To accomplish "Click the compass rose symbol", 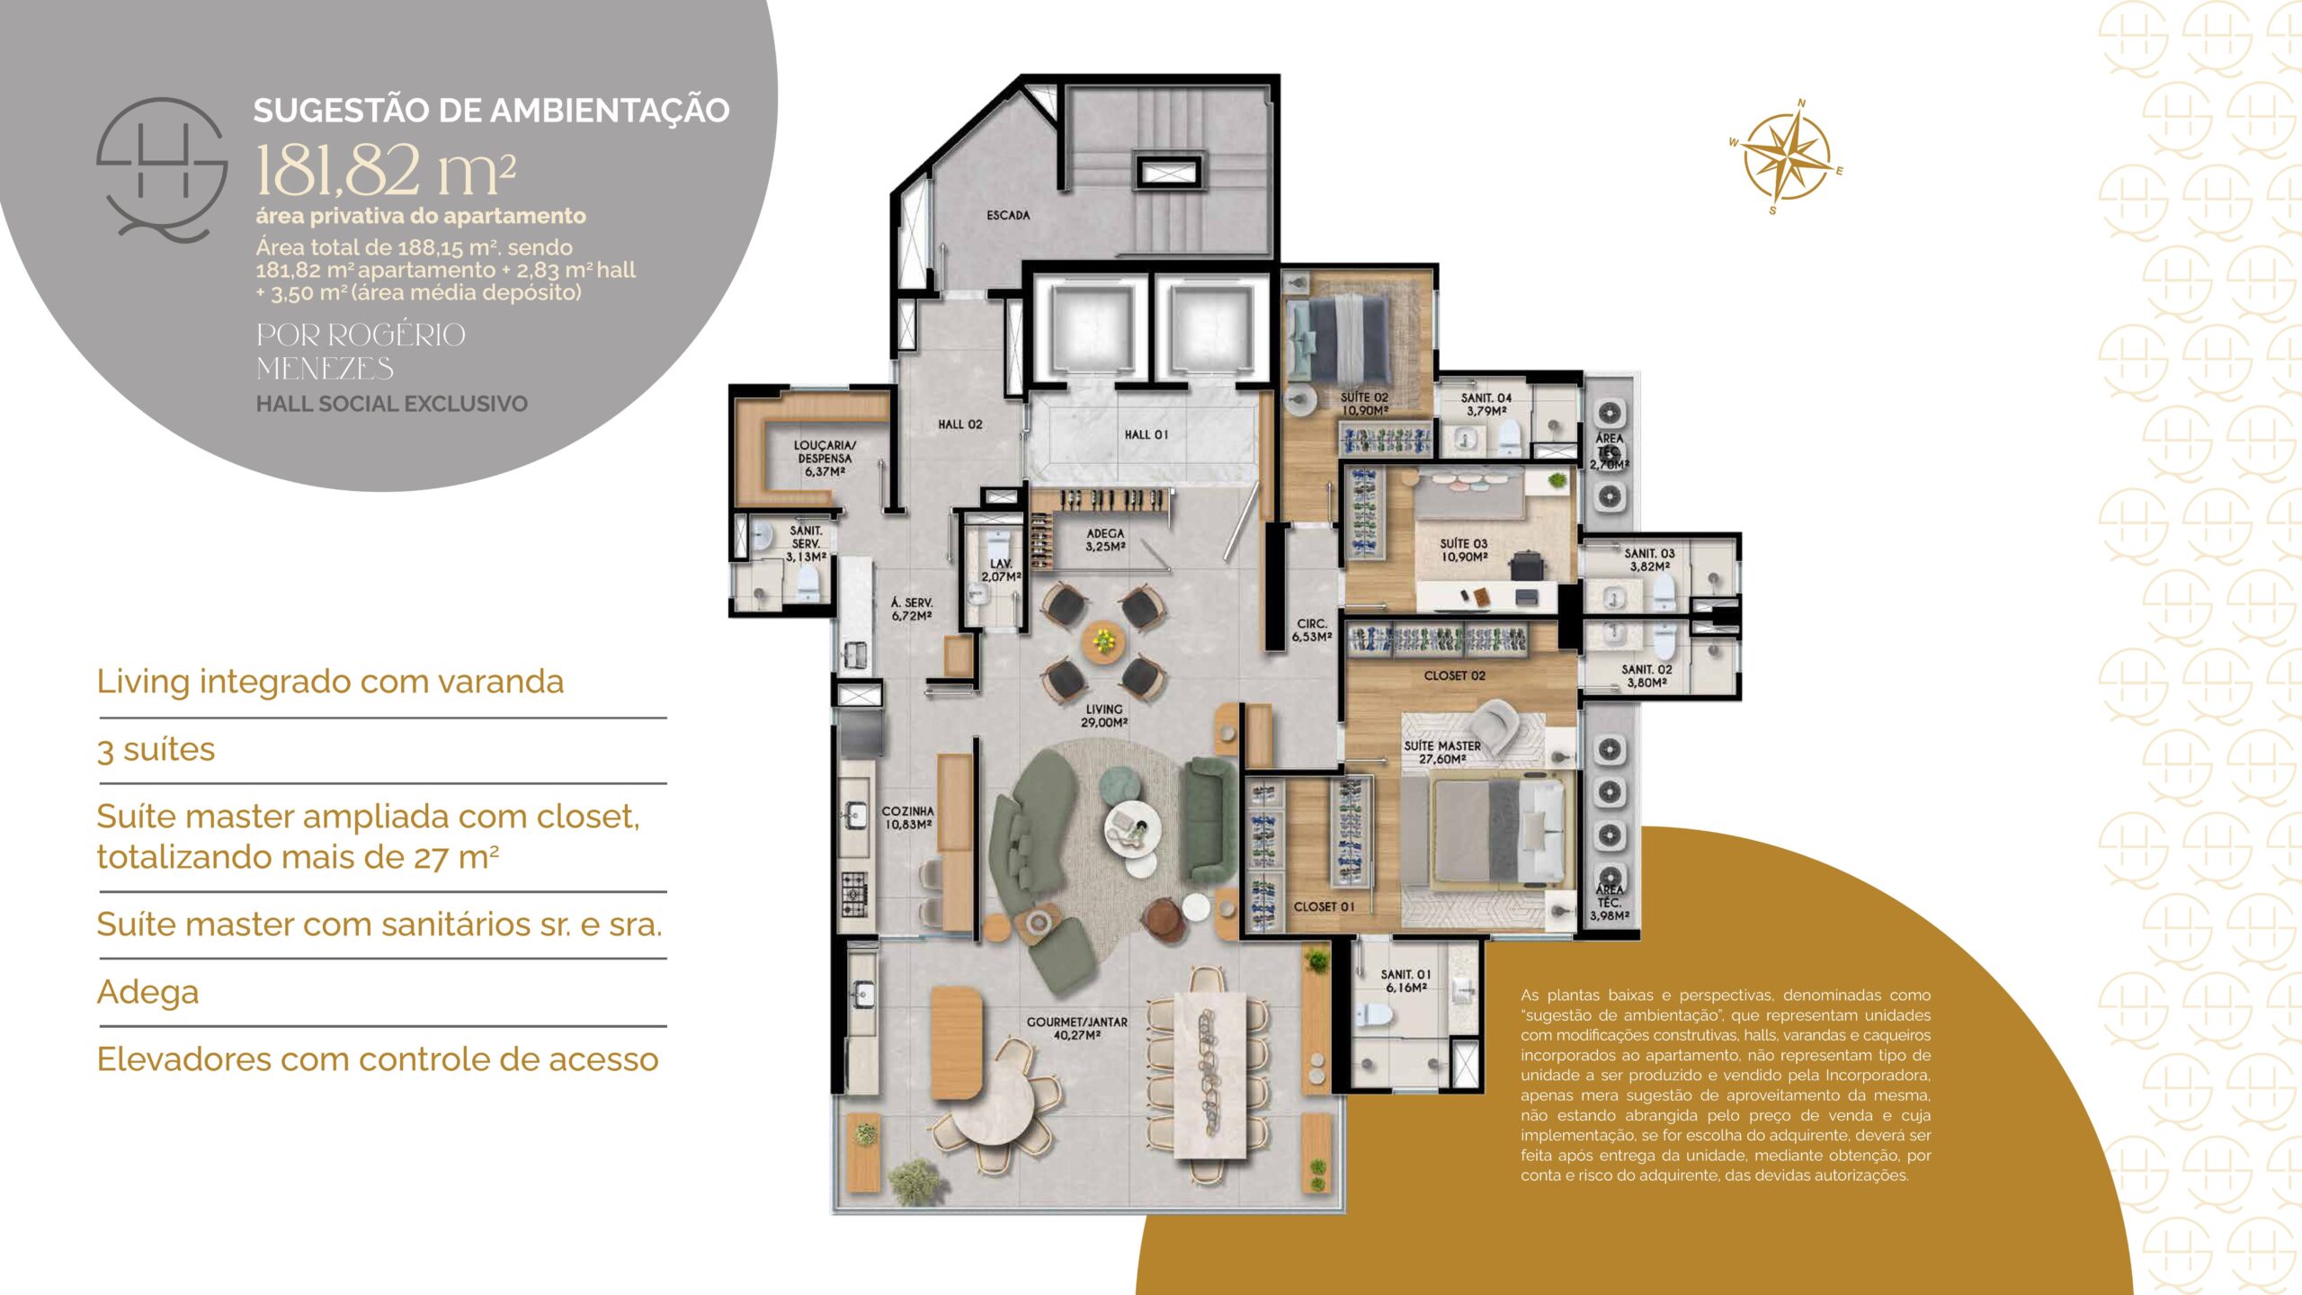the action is pyautogui.click(x=1786, y=158).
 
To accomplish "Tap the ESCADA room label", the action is pyautogui.click(x=1008, y=216).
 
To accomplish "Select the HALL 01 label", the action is pyautogui.click(x=1147, y=435).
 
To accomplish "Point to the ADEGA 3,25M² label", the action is pyautogui.click(x=1105, y=540).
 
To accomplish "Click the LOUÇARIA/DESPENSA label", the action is pyautogui.click(x=825, y=458).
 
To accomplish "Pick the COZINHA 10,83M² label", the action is pyautogui.click(x=907, y=817).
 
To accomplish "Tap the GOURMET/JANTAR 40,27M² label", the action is pyautogui.click(x=1077, y=1029).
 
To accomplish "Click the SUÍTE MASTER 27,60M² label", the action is pyautogui.click(x=1442, y=753).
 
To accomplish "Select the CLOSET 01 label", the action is pyautogui.click(x=1324, y=906).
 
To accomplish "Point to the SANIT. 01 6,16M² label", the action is pyautogui.click(x=1405, y=981).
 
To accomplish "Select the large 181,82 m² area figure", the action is pyautogui.click(x=386, y=170).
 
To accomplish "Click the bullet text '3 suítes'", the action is pyautogui.click(x=156, y=749).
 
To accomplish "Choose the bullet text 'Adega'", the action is pyautogui.click(x=147, y=992).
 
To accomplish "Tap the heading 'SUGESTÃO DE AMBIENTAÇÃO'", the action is pyautogui.click(x=491, y=110).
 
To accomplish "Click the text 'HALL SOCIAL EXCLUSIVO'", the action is pyautogui.click(x=391, y=404).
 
